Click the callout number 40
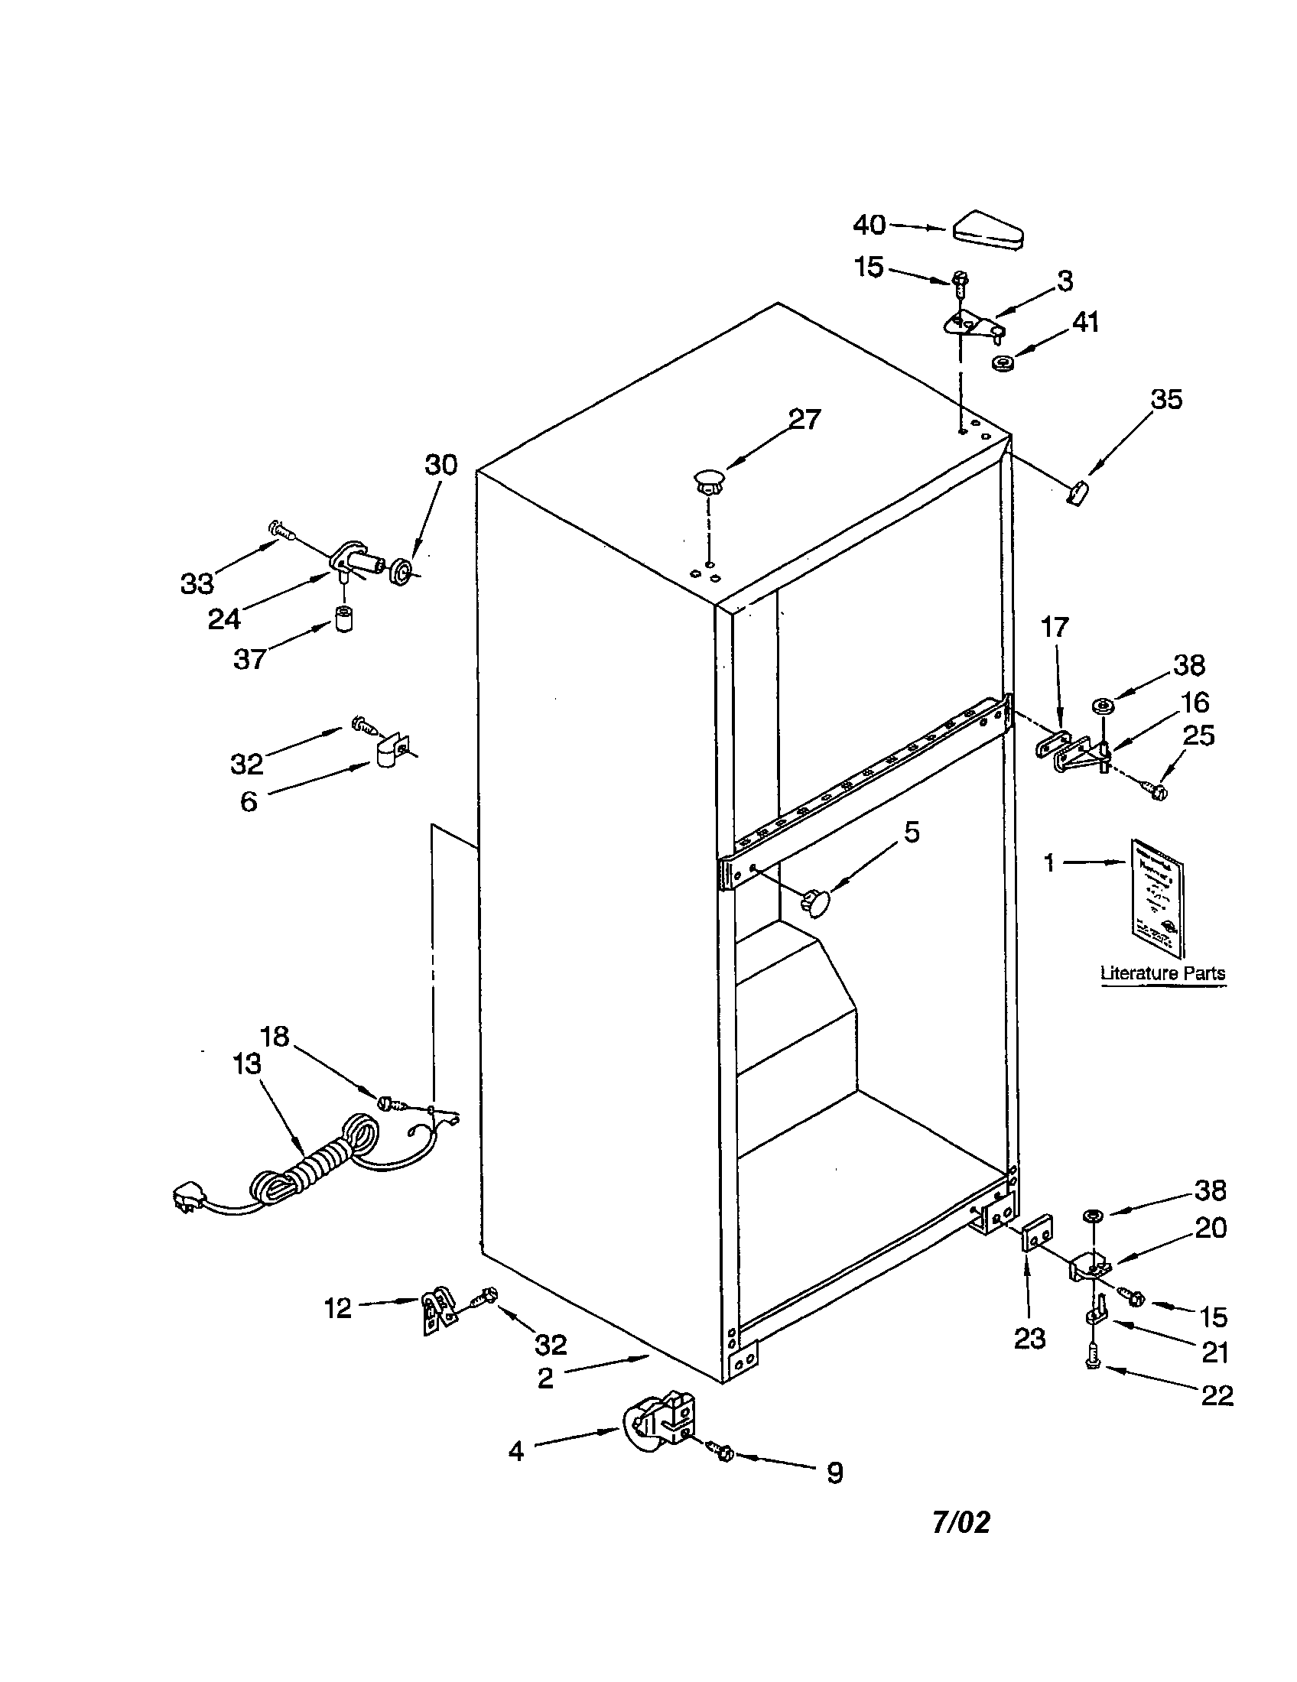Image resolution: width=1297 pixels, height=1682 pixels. [870, 225]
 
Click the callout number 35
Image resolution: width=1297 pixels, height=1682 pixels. [1166, 400]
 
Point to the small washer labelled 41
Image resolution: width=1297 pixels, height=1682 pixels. [1003, 362]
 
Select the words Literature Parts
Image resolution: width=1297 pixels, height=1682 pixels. [1162, 973]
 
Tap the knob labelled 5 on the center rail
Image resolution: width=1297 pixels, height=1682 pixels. [818, 902]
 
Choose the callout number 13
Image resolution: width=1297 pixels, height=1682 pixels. [246, 1064]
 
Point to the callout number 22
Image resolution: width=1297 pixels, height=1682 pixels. [1216, 1395]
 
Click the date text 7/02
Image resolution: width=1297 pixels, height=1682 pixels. [961, 1521]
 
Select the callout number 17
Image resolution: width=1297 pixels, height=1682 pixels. [1055, 628]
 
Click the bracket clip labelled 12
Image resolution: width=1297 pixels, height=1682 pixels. [437, 1310]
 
